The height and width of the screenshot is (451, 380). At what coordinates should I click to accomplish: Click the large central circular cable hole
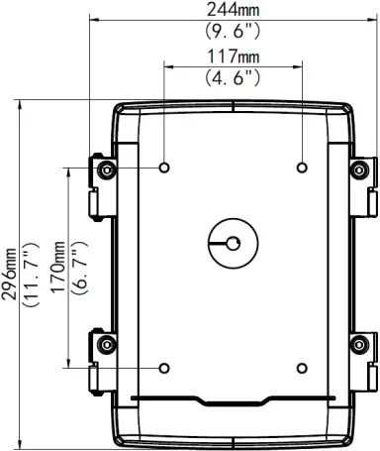[232, 242]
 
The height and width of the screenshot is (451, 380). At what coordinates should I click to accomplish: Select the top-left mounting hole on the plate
[163, 166]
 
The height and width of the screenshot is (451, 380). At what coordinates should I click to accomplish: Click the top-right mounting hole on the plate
[300, 166]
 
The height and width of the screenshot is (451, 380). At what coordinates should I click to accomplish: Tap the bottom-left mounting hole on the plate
[163, 367]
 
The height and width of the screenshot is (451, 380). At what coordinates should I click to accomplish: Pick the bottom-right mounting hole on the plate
[300, 367]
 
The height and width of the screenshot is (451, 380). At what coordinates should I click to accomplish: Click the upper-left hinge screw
[106, 170]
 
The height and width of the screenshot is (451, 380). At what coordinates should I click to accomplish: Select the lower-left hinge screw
[106, 344]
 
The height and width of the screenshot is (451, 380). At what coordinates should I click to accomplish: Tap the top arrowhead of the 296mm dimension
[21, 102]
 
